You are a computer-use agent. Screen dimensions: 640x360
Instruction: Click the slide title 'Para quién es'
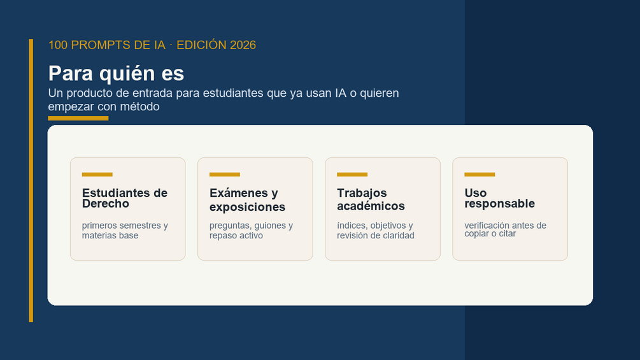point(116,74)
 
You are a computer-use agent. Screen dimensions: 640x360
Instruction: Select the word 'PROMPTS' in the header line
point(97,45)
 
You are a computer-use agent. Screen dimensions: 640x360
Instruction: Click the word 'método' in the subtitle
point(139,107)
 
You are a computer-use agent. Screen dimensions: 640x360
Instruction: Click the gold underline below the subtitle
point(78,119)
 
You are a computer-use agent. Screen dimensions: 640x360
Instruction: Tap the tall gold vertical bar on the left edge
point(31,180)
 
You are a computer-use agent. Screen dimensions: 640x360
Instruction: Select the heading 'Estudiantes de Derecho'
point(125,198)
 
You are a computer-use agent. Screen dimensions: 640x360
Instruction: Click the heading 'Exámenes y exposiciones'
point(247,199)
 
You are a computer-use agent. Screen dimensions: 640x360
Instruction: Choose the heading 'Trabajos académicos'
point(371,199)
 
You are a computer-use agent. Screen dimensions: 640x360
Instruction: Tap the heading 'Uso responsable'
point(500,198)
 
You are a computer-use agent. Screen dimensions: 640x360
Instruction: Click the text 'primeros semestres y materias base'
point(125,231)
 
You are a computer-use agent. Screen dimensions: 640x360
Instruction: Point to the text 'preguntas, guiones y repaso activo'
point(251,231)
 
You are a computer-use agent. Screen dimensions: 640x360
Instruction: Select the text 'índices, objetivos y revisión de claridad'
point(376,231)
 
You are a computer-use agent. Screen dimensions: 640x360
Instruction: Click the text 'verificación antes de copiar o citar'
point(505,229)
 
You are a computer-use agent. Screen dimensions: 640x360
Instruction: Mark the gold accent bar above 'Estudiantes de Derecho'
point(97,175)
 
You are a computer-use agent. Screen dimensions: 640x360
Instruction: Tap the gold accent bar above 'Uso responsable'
point(480,175)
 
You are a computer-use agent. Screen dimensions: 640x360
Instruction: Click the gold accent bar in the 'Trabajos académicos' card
point(352,175)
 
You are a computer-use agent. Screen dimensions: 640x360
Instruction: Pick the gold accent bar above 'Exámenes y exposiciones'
point(225,175)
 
